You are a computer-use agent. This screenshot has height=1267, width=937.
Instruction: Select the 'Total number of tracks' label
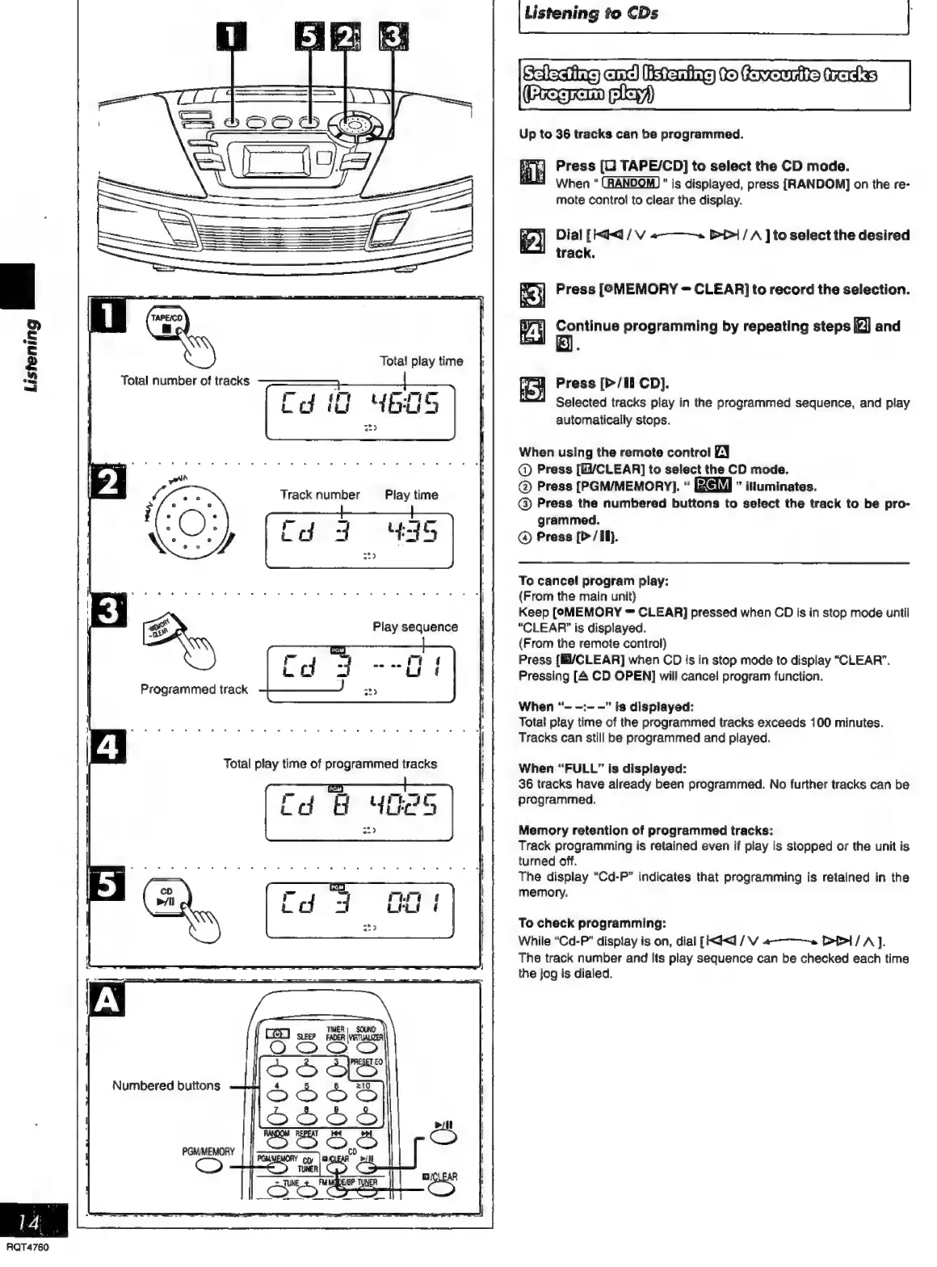tap(185, 381)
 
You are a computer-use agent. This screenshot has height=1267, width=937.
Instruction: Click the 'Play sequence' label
tap(415, 626)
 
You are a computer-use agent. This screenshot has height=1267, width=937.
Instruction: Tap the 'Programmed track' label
tap(194, 689)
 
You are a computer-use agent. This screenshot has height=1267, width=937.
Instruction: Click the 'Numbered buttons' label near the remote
tap(166, 1085)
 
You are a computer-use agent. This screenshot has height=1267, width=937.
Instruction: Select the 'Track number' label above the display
tap(320, 495)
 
